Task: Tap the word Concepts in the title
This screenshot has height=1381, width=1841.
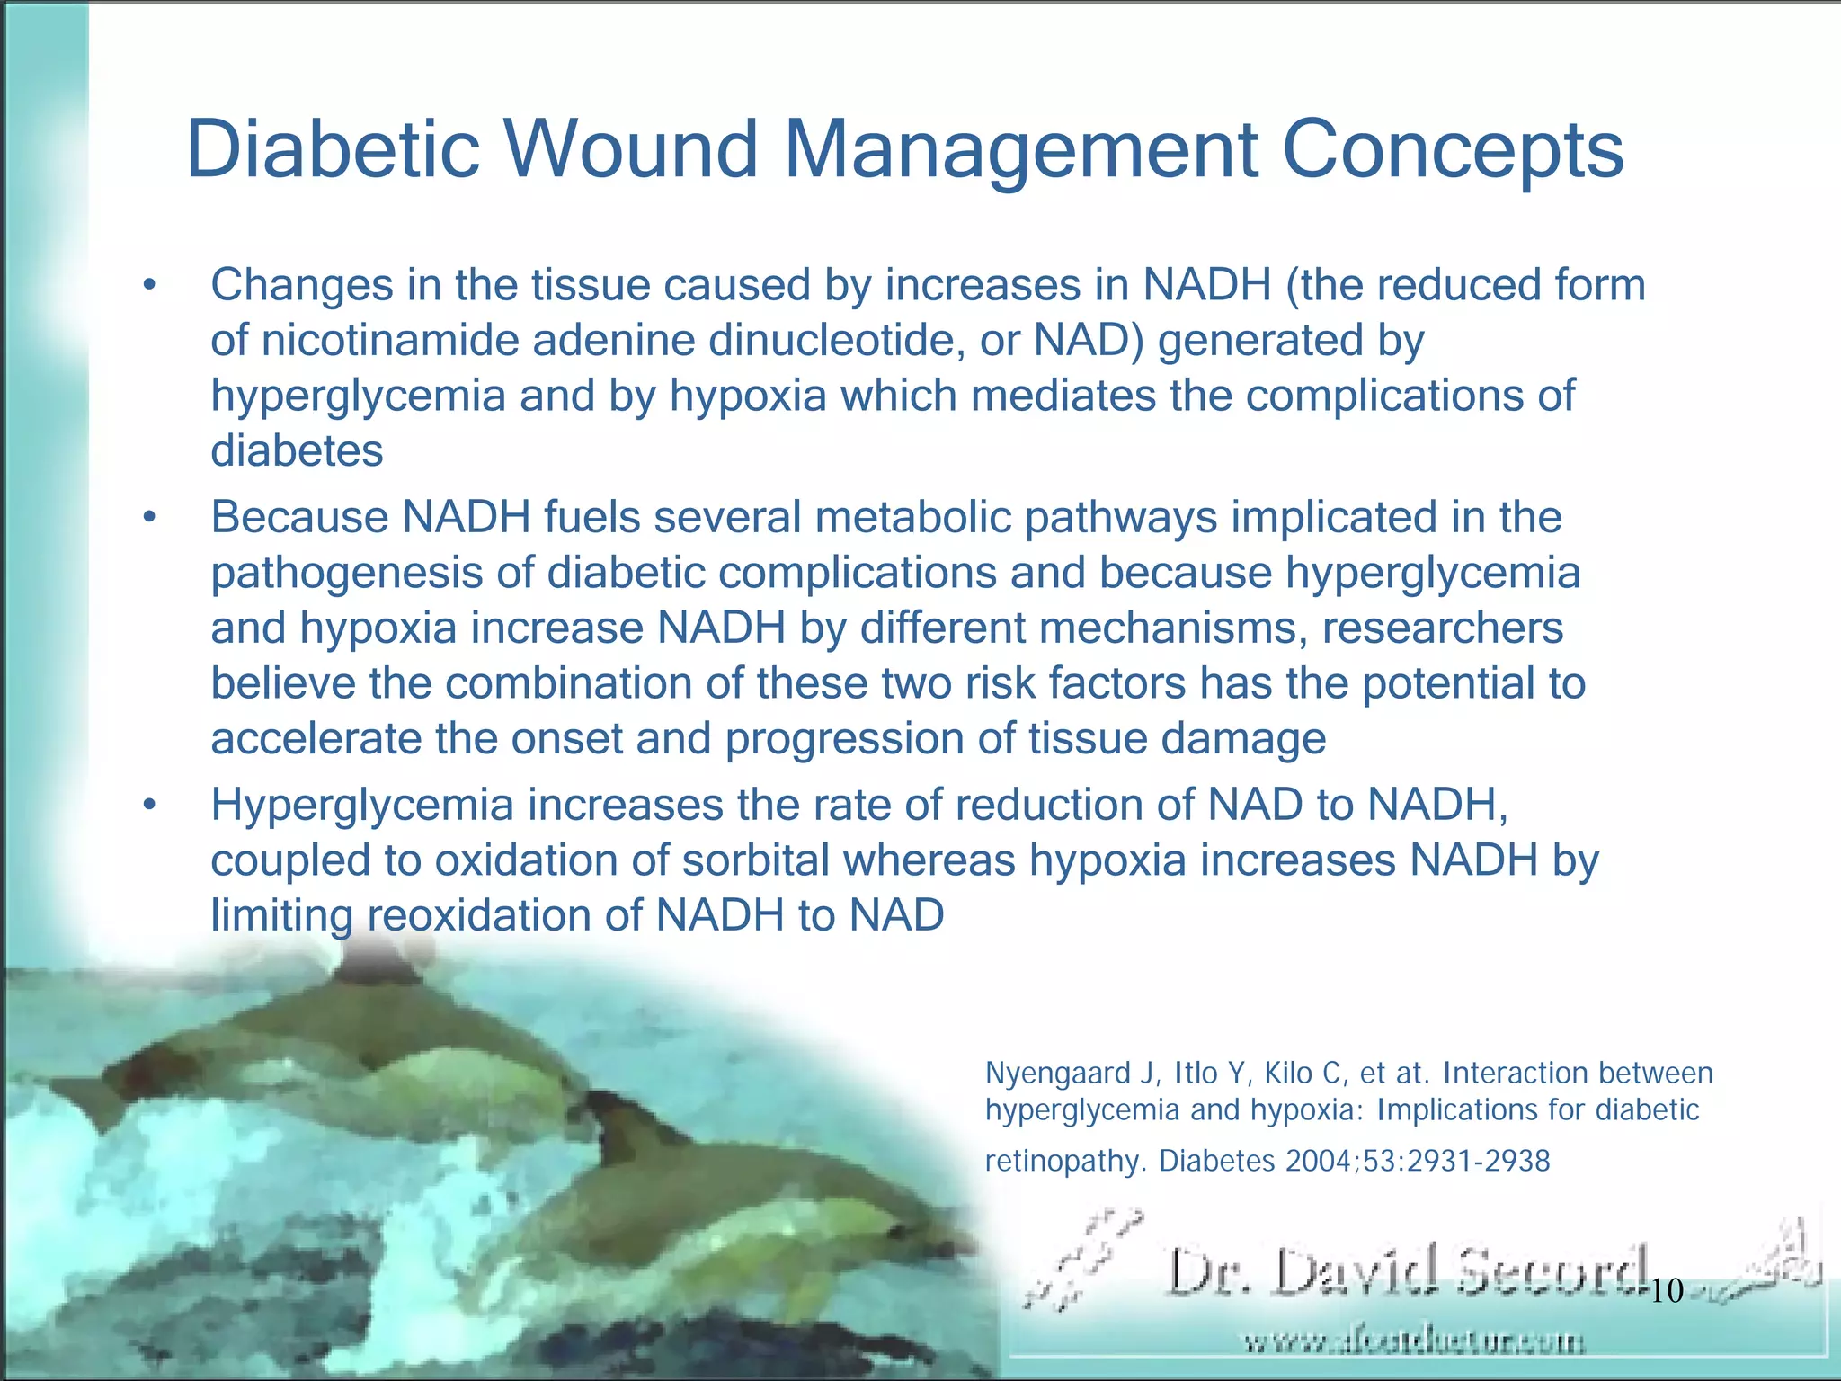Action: (x=1453, y=149)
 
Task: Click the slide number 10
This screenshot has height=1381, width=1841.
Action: (x=1667, y=1291)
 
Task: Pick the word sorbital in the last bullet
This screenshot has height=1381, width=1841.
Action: (x=755, y=860)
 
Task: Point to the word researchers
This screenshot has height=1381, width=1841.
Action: (x=1442, y=628)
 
